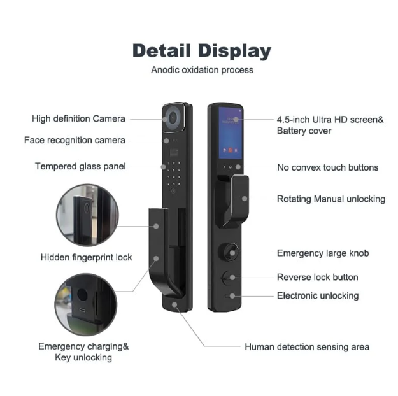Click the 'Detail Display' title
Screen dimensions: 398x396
(x=202, y=51)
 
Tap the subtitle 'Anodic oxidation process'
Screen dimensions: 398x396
(x=203, y=70)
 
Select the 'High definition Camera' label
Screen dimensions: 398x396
(x=78, y=119)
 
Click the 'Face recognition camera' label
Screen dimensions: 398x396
(x=75, y=140)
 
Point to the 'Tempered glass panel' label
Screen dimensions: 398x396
(x=80, y=167)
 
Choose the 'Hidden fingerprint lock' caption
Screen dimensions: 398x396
(x=87, y=257)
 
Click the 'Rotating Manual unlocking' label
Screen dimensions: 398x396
(x=331, y=199)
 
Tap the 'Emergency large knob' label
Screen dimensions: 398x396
(x=323, y=253)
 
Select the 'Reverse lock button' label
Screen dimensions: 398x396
(x=318, y=277)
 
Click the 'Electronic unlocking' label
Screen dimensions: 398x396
(x=318, y=296)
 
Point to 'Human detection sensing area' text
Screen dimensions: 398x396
(x=307, y=347)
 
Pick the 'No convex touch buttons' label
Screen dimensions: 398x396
(x=328, y=167)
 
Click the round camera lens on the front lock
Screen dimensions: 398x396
(x=173, y=118)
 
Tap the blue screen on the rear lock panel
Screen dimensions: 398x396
(x=231, y=133)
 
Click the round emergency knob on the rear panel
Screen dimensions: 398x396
(x=229, y=252)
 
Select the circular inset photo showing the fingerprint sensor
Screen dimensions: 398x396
(x=88, y=215)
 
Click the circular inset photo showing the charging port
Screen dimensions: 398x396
(x=86, y=304)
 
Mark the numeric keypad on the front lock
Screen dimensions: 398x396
(x=174, y=173)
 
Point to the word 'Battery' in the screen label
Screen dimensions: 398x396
(x=291, y=131)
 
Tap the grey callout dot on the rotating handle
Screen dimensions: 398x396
(x=245, y=199)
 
